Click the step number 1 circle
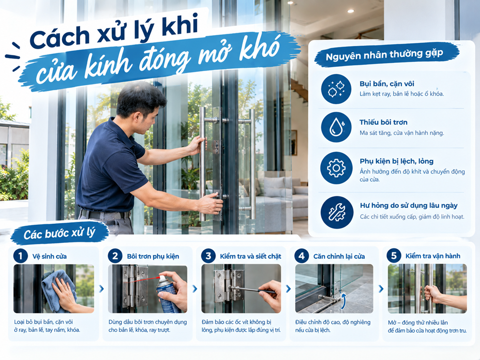(x=21, y=256)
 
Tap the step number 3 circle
(x=208, y=256)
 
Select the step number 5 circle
(x=394, y=255)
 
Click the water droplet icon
(x=336, y=127)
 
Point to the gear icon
(x=336, y=168)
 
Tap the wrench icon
(x=336, y=213)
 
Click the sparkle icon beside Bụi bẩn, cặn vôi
(x=336, y=88)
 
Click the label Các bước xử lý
(x=60, y=234)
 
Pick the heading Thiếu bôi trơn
(x=383, y=122)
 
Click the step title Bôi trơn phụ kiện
(x=153, y=256)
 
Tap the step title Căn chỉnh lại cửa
(x=339, y=256)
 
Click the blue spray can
(x=168, y=294)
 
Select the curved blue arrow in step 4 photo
(x=344, y=301)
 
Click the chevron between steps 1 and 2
(x=101, y=288)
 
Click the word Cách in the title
(x=60, y=37)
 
